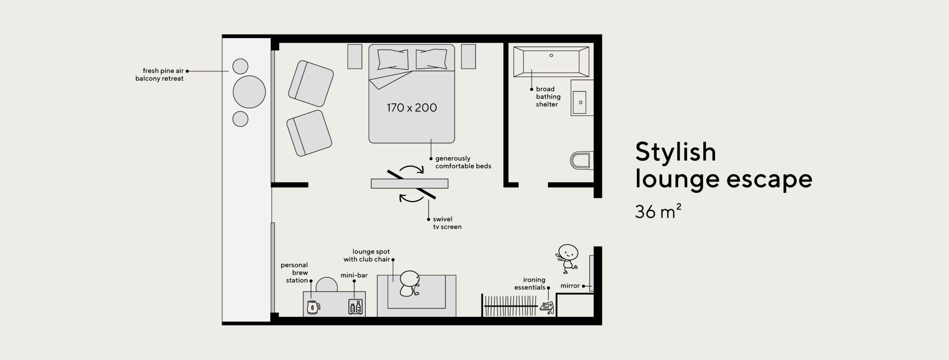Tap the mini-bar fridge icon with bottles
pos(355,307)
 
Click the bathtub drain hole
pos(551,55)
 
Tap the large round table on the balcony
pos(249,92)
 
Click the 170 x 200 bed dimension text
pos(412,108)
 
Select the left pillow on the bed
pos(393,59)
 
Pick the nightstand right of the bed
pos(468,56)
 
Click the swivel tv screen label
pos(447,223)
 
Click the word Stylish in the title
pos(675,152)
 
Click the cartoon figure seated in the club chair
pos(409,283)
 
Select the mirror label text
pos(570,286)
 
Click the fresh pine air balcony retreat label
pos(159,75)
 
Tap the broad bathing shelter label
pos(548,97)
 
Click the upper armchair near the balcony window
pos(311,84)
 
